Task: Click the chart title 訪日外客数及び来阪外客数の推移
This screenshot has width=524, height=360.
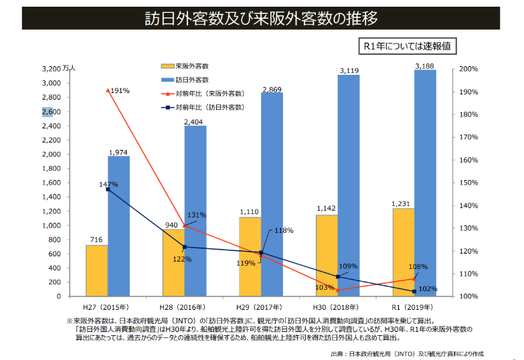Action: pos(261,18)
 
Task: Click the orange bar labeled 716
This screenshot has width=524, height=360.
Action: pos(96,270)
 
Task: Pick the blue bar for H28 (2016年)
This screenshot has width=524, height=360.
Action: pos(195,211)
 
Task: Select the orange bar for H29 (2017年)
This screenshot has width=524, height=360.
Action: pos(250,256)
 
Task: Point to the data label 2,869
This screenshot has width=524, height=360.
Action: pos(272,89)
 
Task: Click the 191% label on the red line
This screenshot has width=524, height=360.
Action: pos(120,90)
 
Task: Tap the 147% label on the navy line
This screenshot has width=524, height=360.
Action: pos(108,184)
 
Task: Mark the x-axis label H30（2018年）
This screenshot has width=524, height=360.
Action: pos(337,307)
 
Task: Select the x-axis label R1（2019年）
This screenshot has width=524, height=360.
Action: pos(414,307)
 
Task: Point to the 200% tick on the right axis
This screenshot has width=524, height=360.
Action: pos(468,69)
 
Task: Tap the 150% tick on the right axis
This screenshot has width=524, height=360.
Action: pos(468,183)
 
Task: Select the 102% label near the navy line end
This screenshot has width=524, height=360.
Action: pos(429,289)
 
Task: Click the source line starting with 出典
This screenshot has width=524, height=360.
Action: pos(407,353)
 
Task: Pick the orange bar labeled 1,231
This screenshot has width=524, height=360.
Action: pos(403,252)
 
